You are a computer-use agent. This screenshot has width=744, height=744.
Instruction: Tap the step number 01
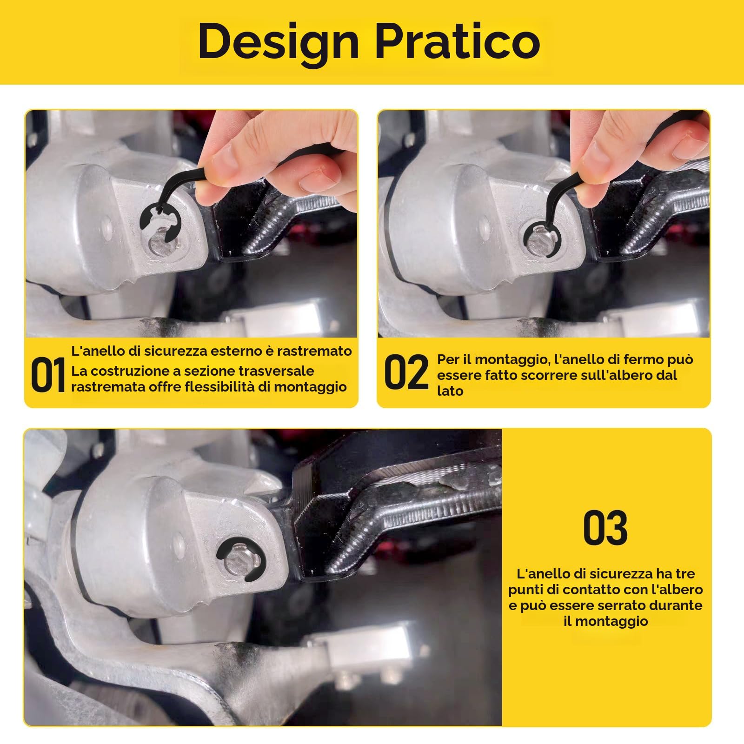(48, 375)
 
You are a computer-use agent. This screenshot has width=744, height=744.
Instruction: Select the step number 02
(406, 372)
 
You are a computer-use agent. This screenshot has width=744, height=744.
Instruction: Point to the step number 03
(605, 528)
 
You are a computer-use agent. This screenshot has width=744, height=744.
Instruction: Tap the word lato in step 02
(450, 391)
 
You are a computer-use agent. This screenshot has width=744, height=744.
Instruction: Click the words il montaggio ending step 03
(605, 622)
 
